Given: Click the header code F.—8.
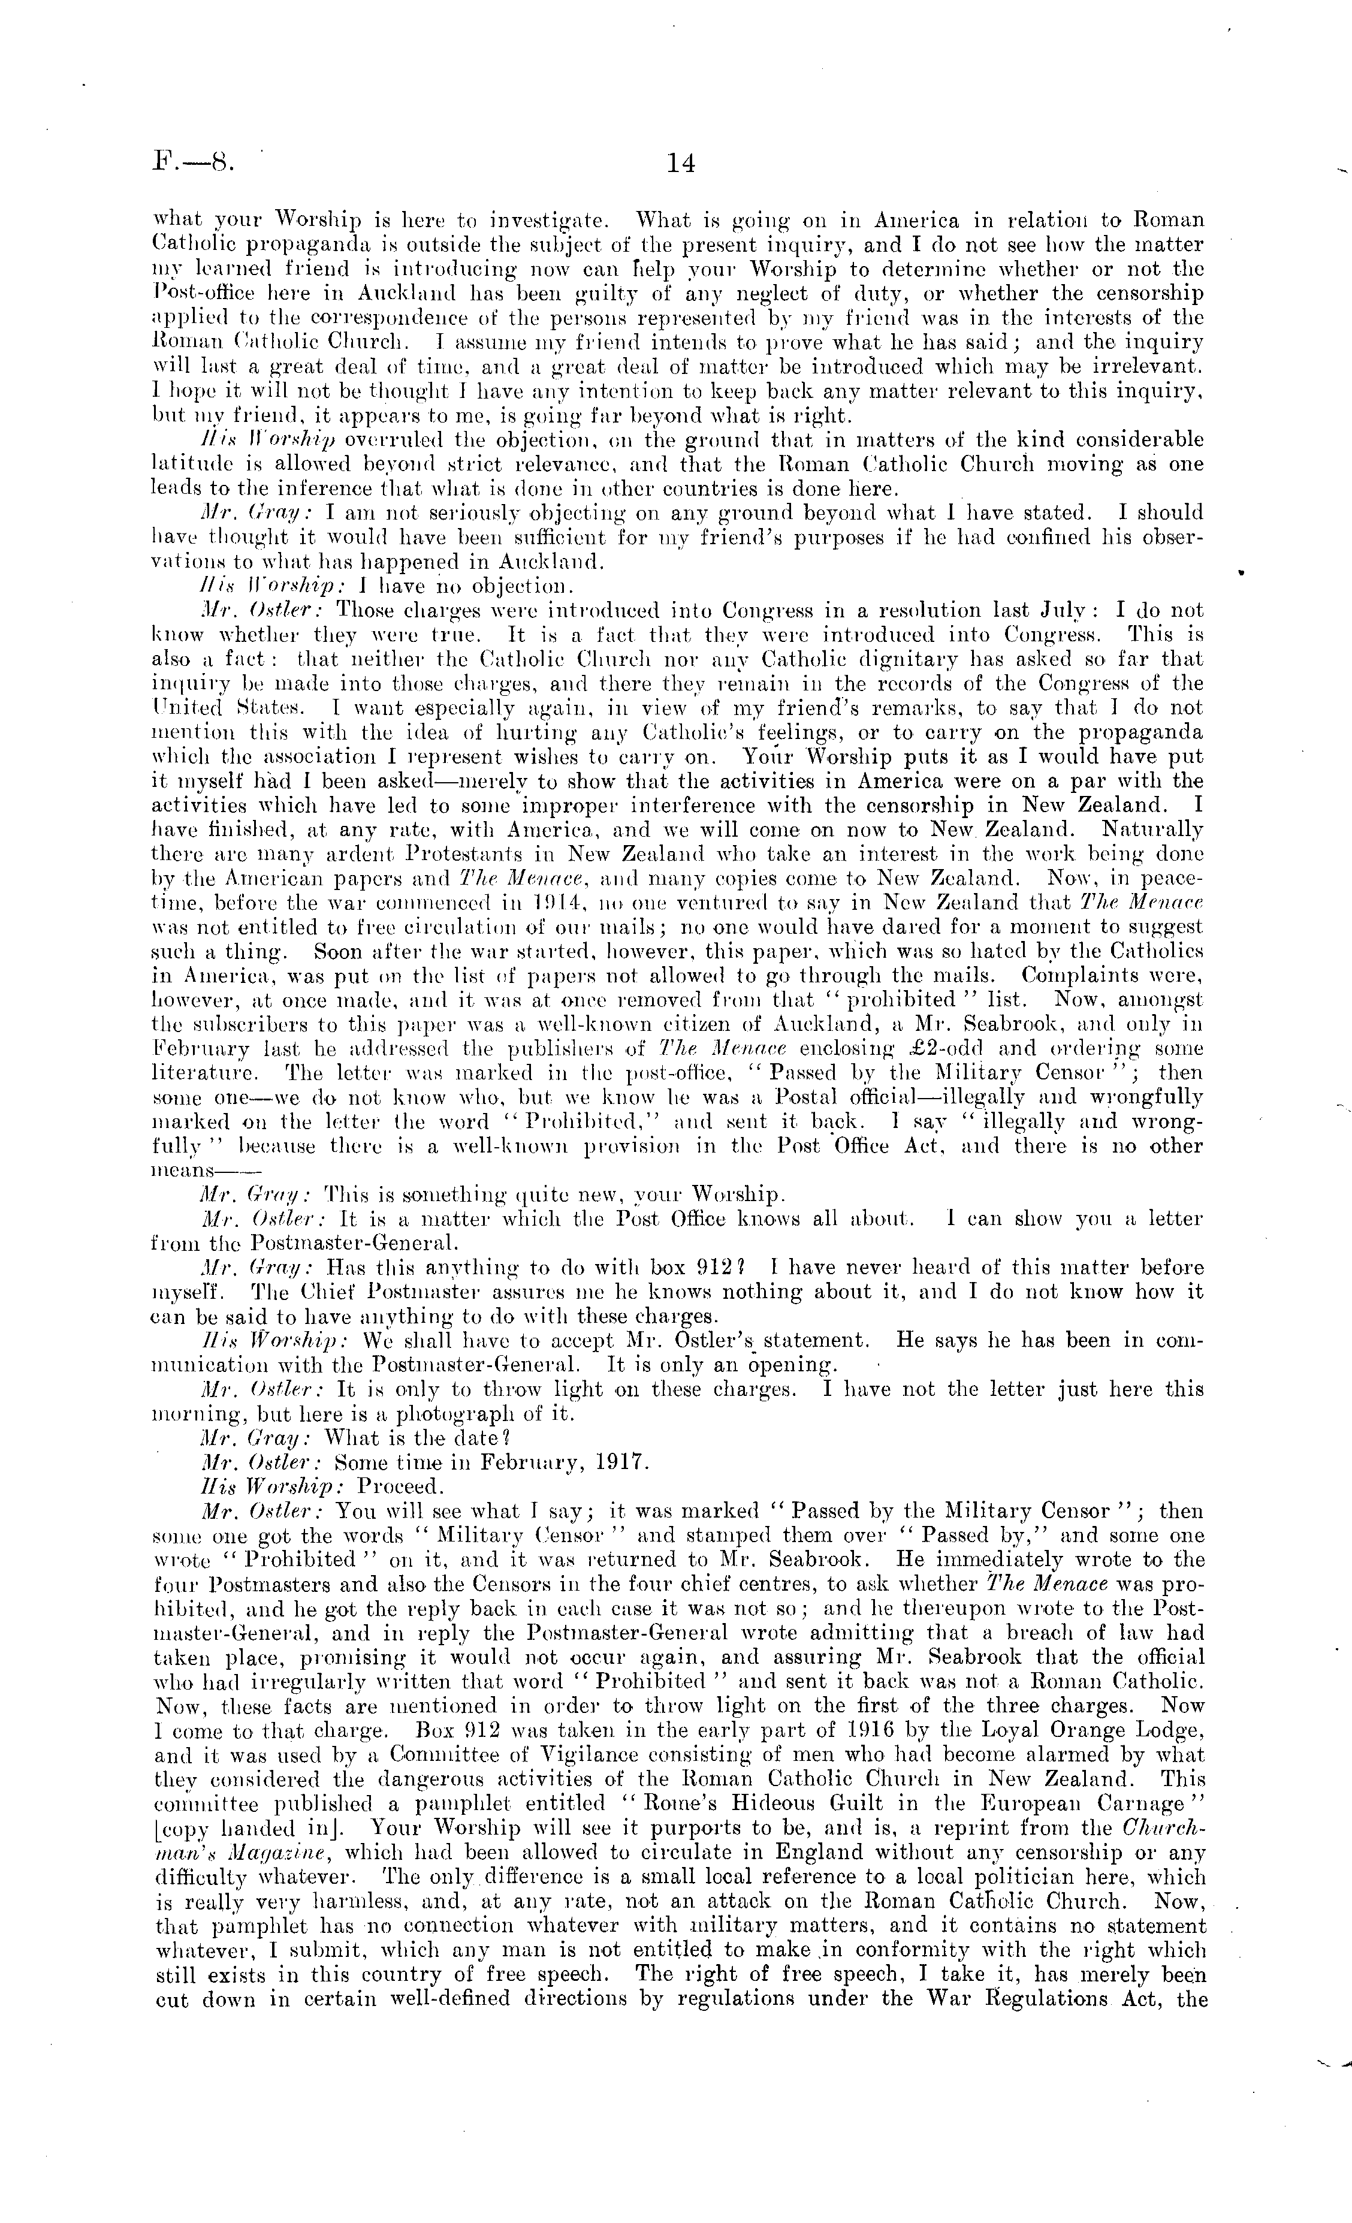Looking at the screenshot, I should (193, 163).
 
